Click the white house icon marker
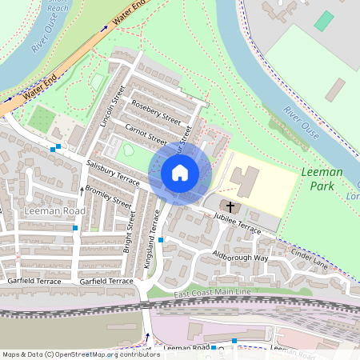coord(180,172)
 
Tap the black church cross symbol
coord(231,206)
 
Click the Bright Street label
coord(128,232)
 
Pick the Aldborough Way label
coord(240,258)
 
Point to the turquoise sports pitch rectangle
coord(323,21)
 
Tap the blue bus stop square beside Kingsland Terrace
coord(161,239)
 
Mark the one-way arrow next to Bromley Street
coord(81,190)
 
